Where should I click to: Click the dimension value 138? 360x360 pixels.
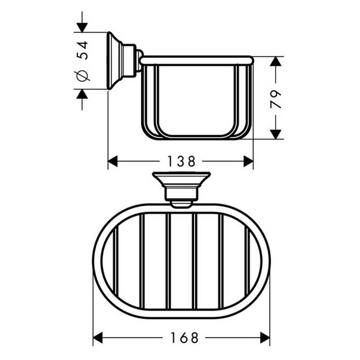tap(180, 161)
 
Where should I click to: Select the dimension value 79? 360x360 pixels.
tap(276, 99)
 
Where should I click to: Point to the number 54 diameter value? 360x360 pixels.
tap(83, 50)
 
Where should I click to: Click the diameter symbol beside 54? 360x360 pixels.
tap(83, 76)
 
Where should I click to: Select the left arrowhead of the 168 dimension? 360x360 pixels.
tap(98, 338)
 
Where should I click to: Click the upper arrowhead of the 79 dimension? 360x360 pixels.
tap(276, 61)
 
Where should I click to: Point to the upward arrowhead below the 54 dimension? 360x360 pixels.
tap(82, 94)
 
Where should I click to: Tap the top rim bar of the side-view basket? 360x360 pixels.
tap(197, 61)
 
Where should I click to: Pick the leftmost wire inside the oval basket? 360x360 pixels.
tap(116, 261)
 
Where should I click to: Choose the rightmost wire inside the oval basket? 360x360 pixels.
tap(247, 261)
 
